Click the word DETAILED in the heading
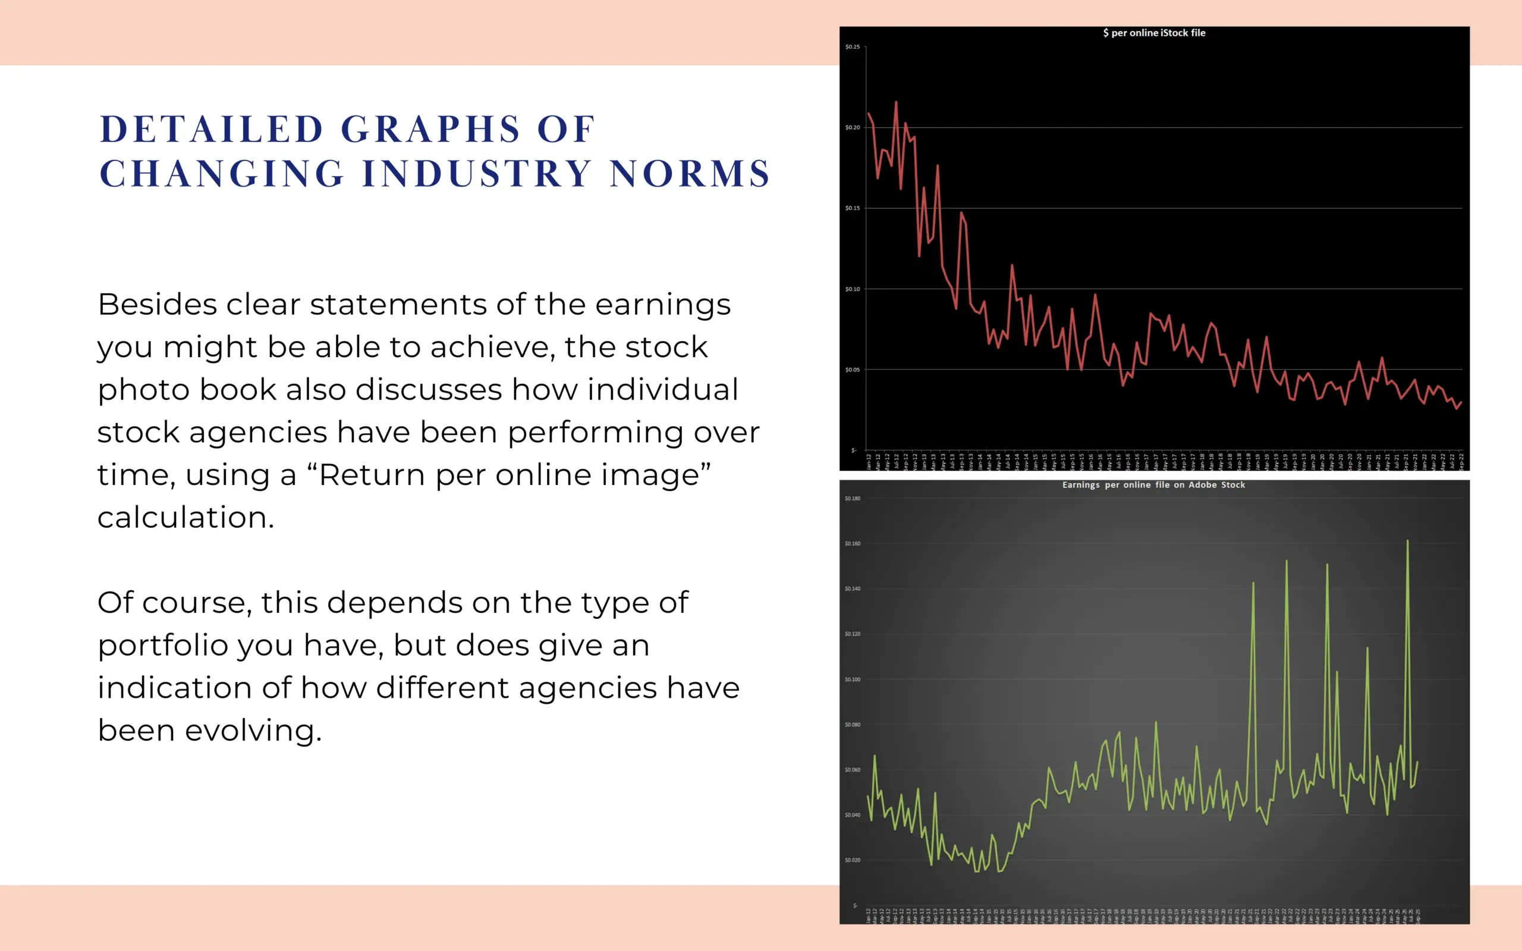[212, 129]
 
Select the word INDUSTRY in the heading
[477, 174]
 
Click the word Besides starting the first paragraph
[157, 304]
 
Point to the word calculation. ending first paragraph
[185, 517]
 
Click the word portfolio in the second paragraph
[163, 645]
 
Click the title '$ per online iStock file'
[1154, 33]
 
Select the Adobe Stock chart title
[1153, 485]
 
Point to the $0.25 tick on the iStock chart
[852, 47]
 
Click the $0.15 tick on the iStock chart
[852, 208]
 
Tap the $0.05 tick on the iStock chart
[852, 370]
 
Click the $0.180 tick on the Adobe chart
[852, 499]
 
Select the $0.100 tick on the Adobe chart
[852, 679]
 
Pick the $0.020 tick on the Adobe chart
[852, 860]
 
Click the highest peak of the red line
[895, 102]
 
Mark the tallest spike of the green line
[1407, 540]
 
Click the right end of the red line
[1461, 402]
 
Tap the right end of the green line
[1417, 763]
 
